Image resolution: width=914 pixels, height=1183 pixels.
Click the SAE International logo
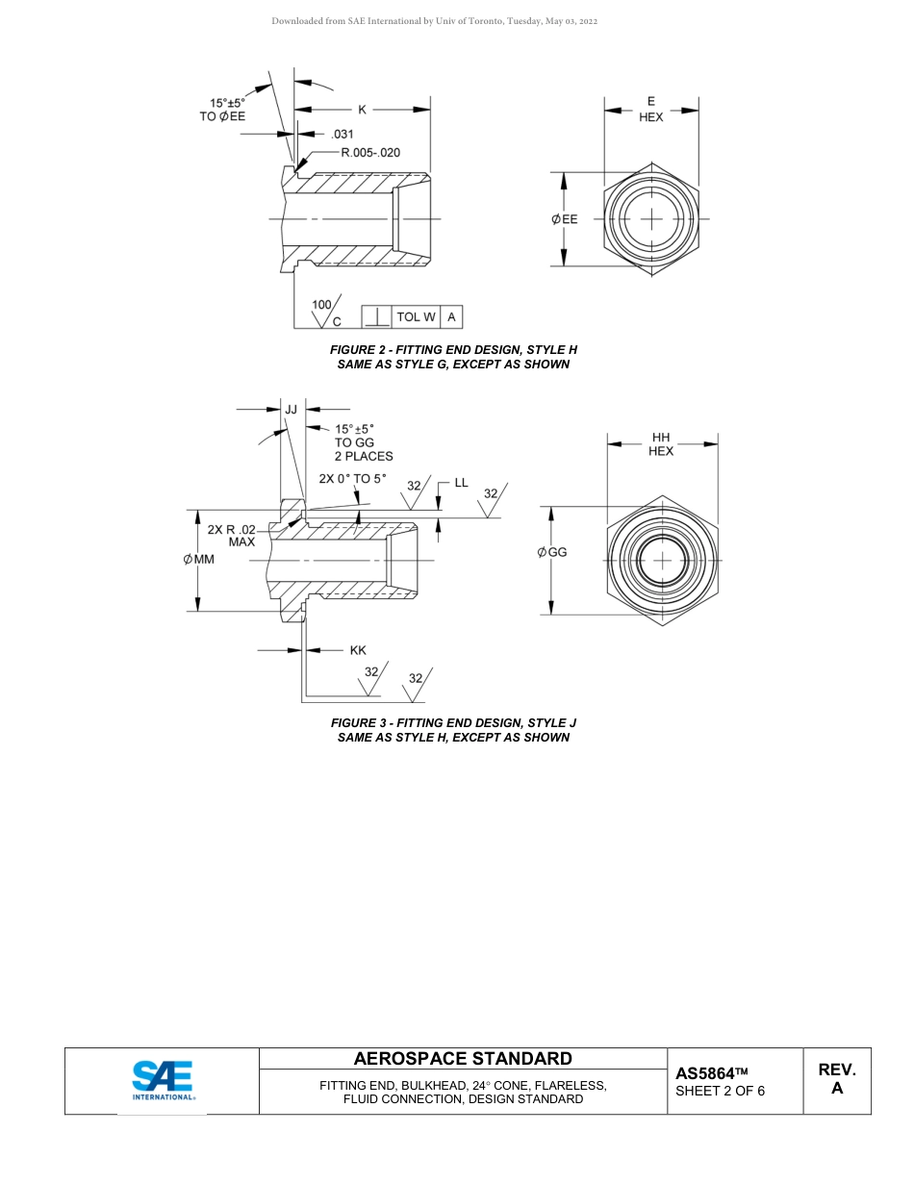(x=163, y=1080)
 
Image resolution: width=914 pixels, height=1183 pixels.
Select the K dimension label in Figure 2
(x=363, y=110)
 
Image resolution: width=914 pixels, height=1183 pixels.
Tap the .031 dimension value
(x=342, y=135)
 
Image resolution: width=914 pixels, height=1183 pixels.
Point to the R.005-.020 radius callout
(x=370, y=152)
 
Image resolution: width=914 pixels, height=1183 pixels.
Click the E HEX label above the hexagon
(x=651, y=110)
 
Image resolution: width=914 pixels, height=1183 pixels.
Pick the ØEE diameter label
(x=565, y=219)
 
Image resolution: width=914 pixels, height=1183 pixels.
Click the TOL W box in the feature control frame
(x=416, y=316)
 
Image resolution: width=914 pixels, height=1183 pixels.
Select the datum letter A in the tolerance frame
(x=451, y=316)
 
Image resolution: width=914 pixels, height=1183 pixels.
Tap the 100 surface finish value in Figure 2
(x=321, y=305)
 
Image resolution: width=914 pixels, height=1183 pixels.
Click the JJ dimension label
(x=291, y=409)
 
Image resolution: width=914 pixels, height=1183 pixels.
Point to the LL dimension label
(x=461, y=482)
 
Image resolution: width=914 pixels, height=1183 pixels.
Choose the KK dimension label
(x=358, y=650)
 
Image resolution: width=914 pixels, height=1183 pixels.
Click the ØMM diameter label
(x=199, y=559)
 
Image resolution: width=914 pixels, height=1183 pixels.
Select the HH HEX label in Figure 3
(x=661, y=444)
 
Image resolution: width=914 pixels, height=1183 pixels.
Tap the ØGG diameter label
(x=552, y=552)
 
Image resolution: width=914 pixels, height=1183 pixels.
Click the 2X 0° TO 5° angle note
(x=352, y=478)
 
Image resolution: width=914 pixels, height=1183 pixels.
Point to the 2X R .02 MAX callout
(x=232, y=536)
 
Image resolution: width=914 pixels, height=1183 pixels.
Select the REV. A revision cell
(x=836, y=1079)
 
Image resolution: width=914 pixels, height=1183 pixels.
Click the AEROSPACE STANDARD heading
(x=463, y=1059)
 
